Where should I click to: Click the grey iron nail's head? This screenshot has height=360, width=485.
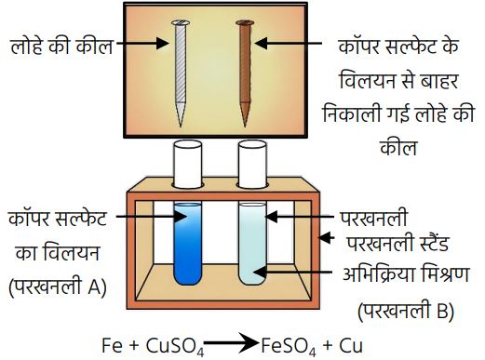[181, 22]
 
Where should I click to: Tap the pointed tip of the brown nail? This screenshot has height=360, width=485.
[245, 127]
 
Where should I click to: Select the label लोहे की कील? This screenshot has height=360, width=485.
[61, 46]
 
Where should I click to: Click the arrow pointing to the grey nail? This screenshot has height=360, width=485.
[142, 43]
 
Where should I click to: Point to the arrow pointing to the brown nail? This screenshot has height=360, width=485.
[289, 43]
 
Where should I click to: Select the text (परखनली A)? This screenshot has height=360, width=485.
[58, 287]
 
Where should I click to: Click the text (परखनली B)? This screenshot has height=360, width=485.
[406, 311]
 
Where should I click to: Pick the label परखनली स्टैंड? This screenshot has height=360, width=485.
[397, 243]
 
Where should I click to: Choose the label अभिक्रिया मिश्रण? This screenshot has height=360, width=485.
[406, 274]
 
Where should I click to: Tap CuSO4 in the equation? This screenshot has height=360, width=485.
[175, 346]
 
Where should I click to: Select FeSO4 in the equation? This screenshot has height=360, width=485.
[289, 346]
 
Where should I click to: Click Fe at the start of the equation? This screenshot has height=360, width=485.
[113, 345]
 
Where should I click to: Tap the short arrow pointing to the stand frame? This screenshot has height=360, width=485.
[327, 238]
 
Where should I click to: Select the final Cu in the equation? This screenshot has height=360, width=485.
[351, 345]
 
